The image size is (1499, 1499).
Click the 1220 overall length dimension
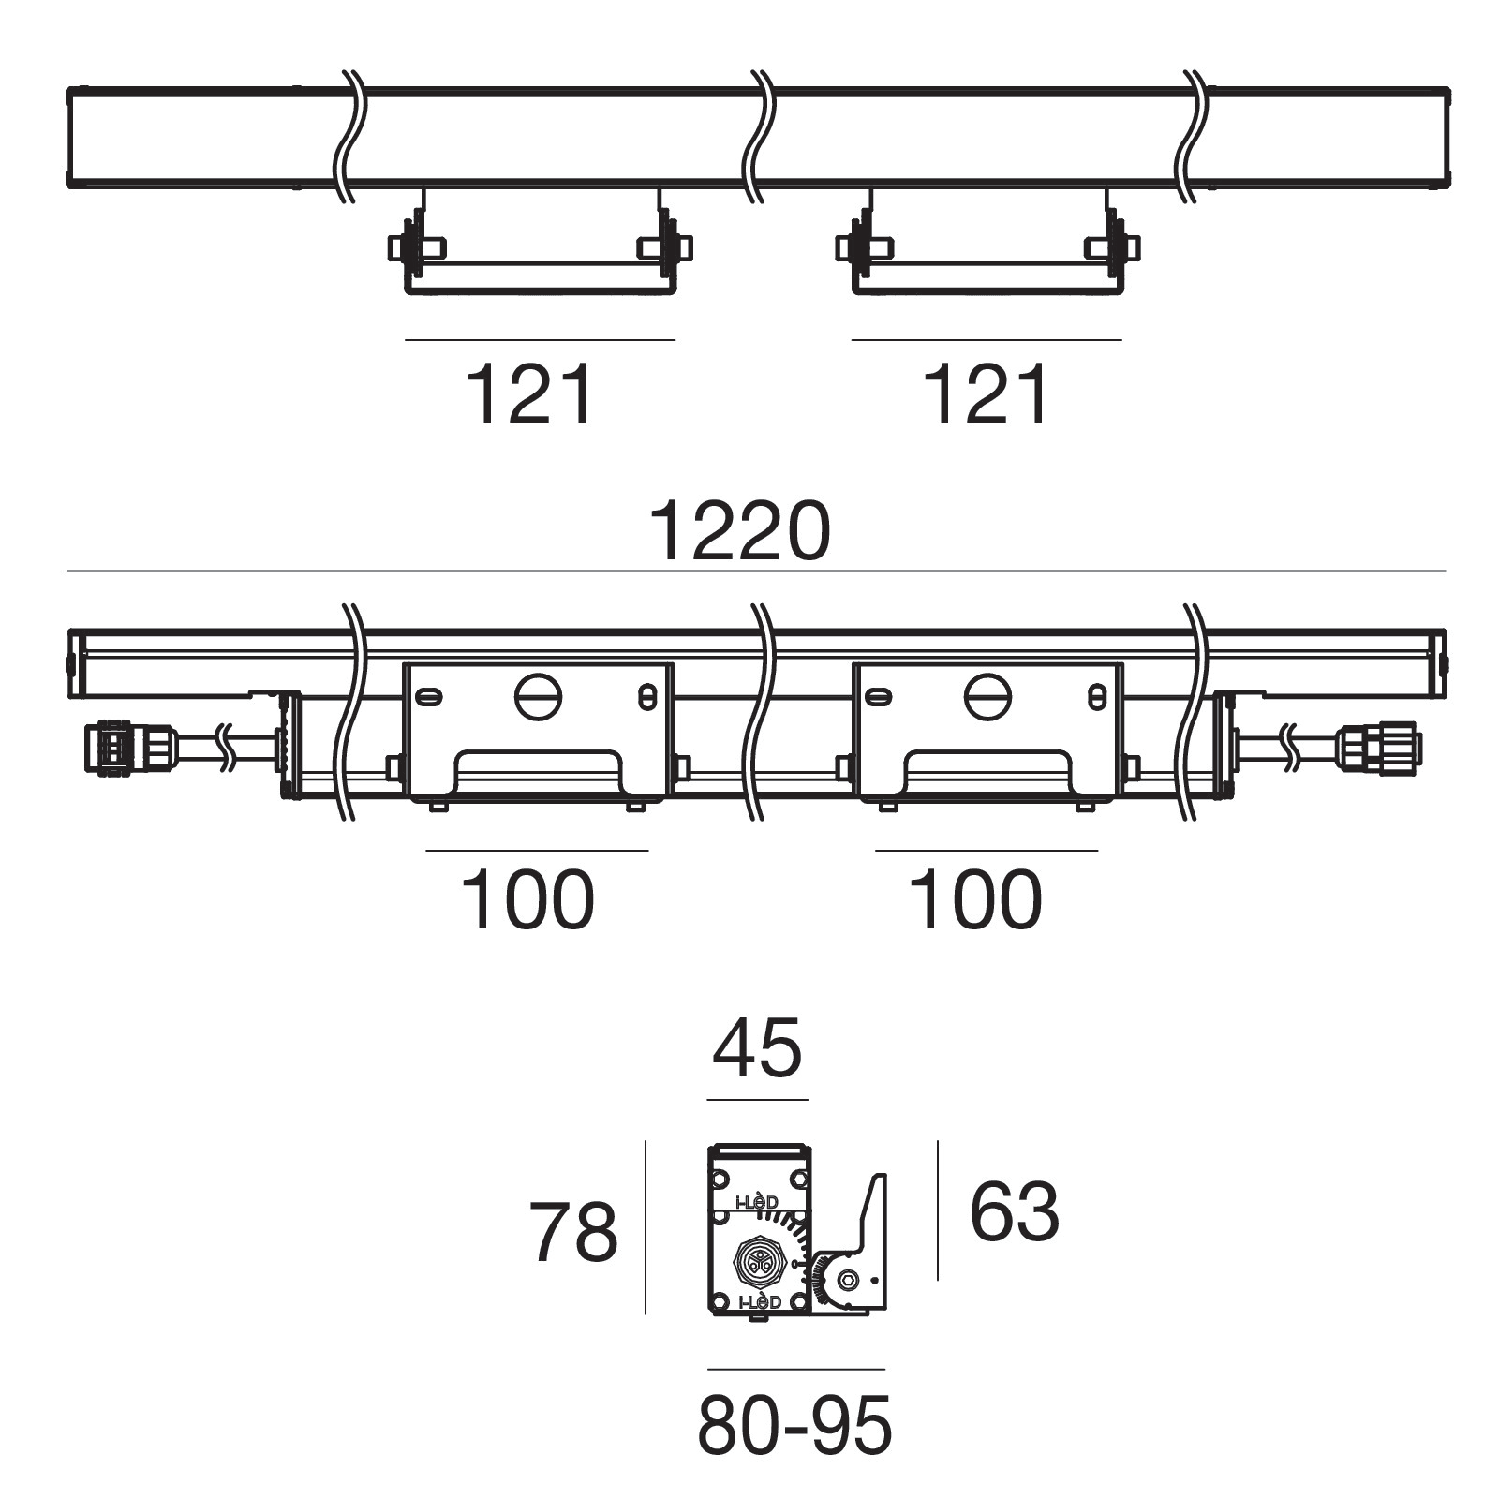tap(739, 531)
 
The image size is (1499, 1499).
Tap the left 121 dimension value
tap(529, 395)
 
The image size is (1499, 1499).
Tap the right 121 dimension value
tap(987, 395)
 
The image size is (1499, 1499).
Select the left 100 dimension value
tap(527, 899)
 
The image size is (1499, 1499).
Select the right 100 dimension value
tap(975, 899)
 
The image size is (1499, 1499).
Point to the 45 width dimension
tap(757, 1048)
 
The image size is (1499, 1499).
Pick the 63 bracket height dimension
tap(1015, 1211)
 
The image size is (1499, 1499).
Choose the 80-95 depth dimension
tap(795, 1426)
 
